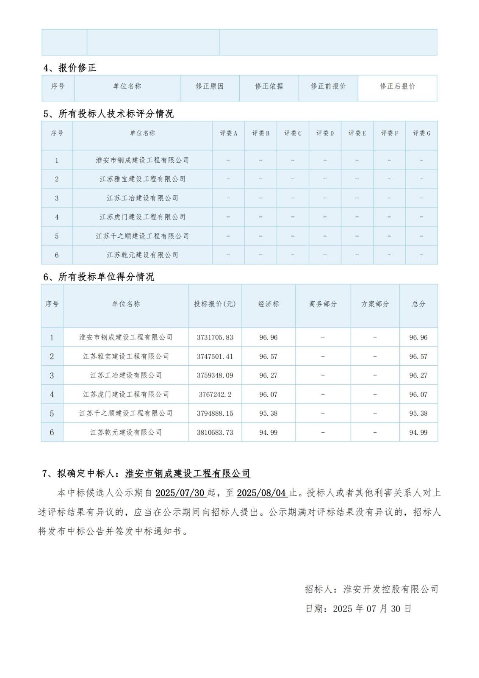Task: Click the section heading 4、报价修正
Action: click(70, 68)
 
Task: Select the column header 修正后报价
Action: click(397, 86)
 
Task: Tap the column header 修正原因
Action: click(210, 86)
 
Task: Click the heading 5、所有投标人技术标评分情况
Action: click(108, 114)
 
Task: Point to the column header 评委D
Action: click(325, 133)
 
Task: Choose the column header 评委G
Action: click(421, 133)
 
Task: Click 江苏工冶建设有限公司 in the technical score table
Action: click(142, 198)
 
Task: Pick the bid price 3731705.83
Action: click(215, 338)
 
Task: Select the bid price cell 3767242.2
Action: click(215, 395)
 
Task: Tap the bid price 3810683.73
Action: click(215, 432)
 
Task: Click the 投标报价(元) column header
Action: click(215, 304)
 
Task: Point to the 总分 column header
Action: click(418, 304)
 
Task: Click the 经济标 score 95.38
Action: click(268, 413)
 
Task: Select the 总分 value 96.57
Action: click(418, 356)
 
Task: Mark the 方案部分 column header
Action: click(375, 304)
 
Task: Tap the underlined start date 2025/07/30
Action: click(180, 493)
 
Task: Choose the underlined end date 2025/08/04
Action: click(261, 493)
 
